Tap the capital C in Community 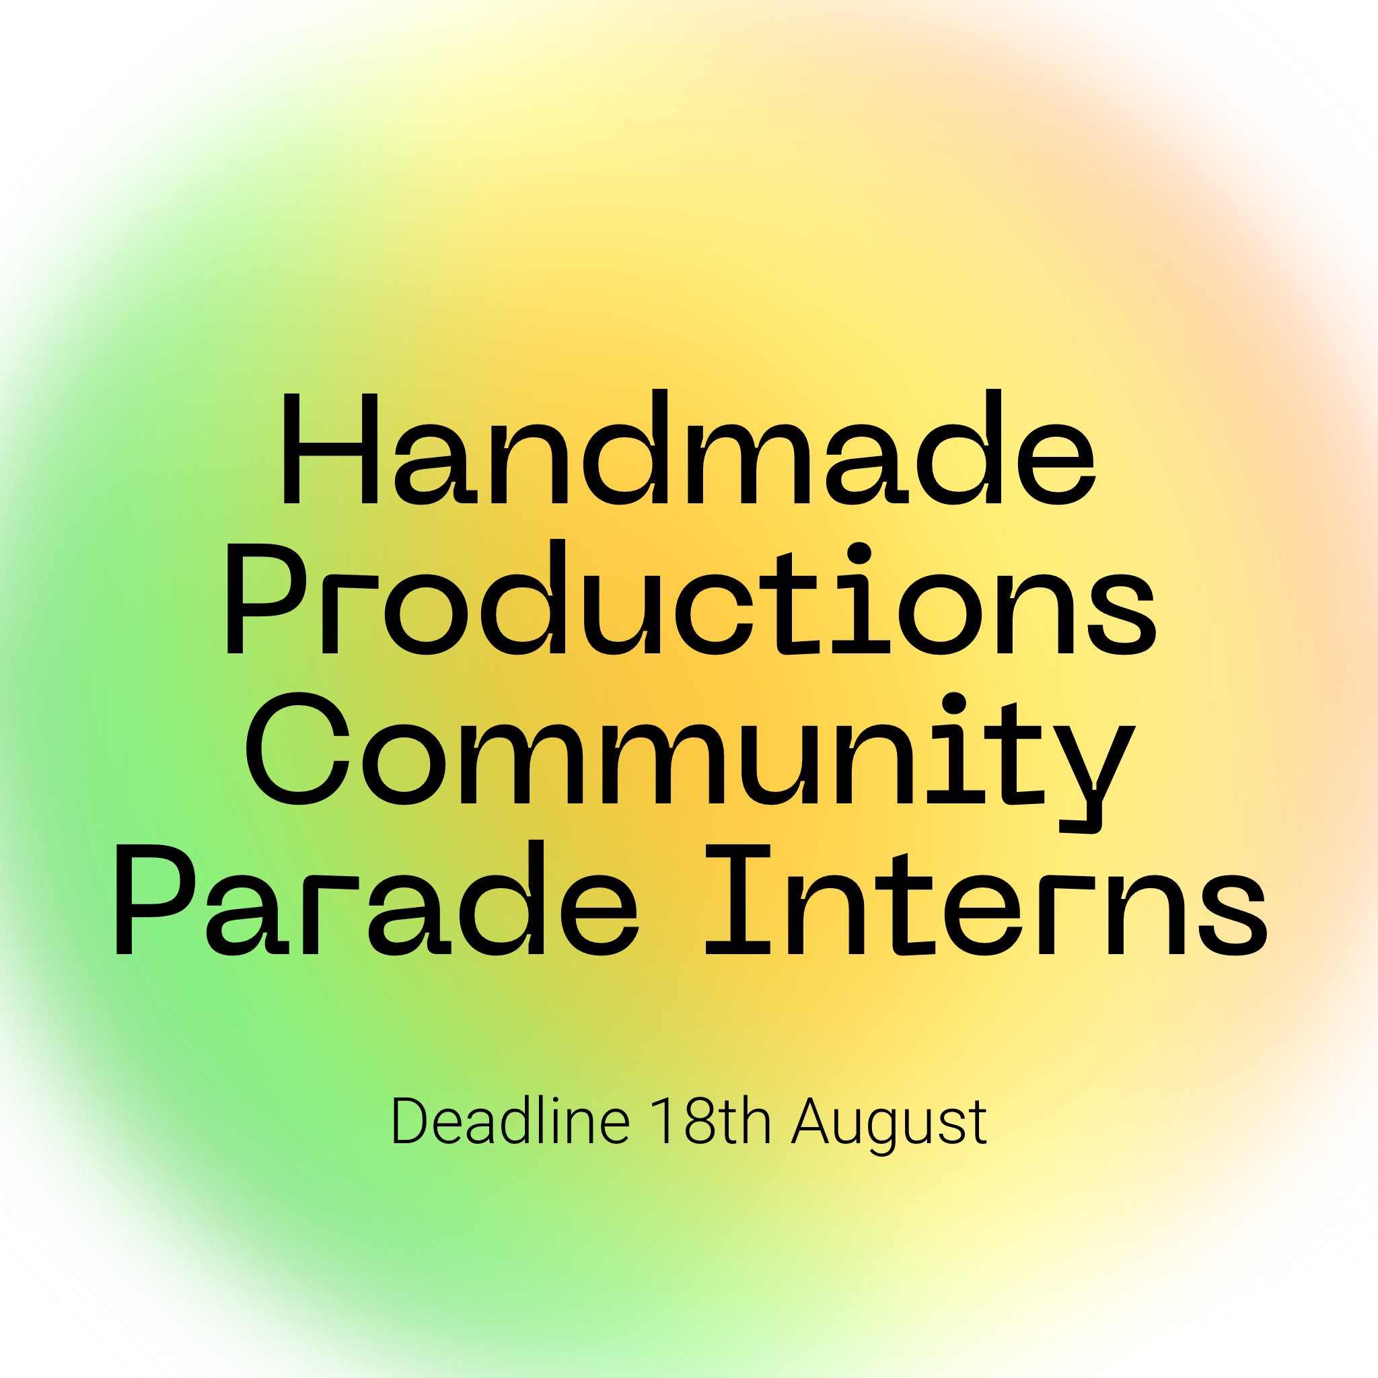[297, 748]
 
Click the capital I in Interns [737, 900]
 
